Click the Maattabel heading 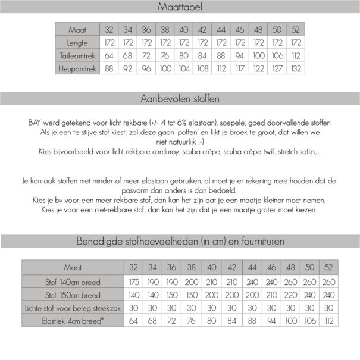pyautogui.click(x=180, y=7)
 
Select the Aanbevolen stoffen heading pyautogui.click(x=180, y=98)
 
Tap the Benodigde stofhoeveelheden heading pyautogui.click(x=180, y=242)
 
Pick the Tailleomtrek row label pyautogui.click(x=78, y=55)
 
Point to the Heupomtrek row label pyautogui.click(x=78, y=68)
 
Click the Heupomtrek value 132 pyautogui.click(x=296, y=68)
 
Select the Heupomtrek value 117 pyautogui.click(x=240, y=68)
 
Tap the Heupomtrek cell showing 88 pyautogui.click(x=109, y=68)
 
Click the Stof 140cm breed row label pyautogui.click(x=73, y=282)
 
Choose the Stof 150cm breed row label pyautogui.click(x=73, y=295)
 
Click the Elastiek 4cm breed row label pyautogui.click(x=73, y=321)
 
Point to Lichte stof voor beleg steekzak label pyautogui.click(x=73, y=308)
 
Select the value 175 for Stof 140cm pyautogui.click(x=134, y=282)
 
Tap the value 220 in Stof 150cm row pyautogui.click(x=291, y=295)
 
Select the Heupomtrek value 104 pyautogui.click(x=184, y=68)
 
